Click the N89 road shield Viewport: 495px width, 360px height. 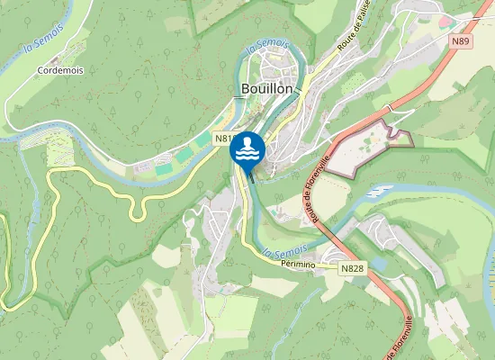(462, 40)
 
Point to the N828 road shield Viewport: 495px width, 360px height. (352, 268)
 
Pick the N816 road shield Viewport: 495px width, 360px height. (226, 139)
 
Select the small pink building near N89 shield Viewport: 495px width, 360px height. (444, 21)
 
